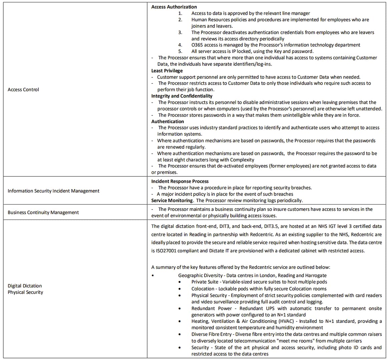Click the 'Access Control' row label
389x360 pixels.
pyautogui.click(x=23, y=89)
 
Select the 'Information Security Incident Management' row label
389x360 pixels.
pyautogui.click(x=53, y=191)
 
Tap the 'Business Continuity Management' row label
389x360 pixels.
pyautogui.click(x=43, y=212)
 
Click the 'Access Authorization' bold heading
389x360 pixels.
pyautogui.click(x=174, y=7)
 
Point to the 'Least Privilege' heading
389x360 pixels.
pyautogui.click(x=167, y=70)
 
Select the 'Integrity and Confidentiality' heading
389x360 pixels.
pyautogui.click(x=182, y=96)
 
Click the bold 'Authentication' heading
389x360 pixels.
pyautogui.click(x=167, y=121)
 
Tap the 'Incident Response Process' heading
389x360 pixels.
pyautogui.click(x=180, y=181)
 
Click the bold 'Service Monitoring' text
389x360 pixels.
pyautogui.click(x=172, y=201)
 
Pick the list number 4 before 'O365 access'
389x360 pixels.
pyautogui.click(x=180, y=45)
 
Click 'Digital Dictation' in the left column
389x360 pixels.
pyautogui.click(x=25, y=286)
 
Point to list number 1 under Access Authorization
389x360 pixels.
pyautogui.click(x=180, y=13)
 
